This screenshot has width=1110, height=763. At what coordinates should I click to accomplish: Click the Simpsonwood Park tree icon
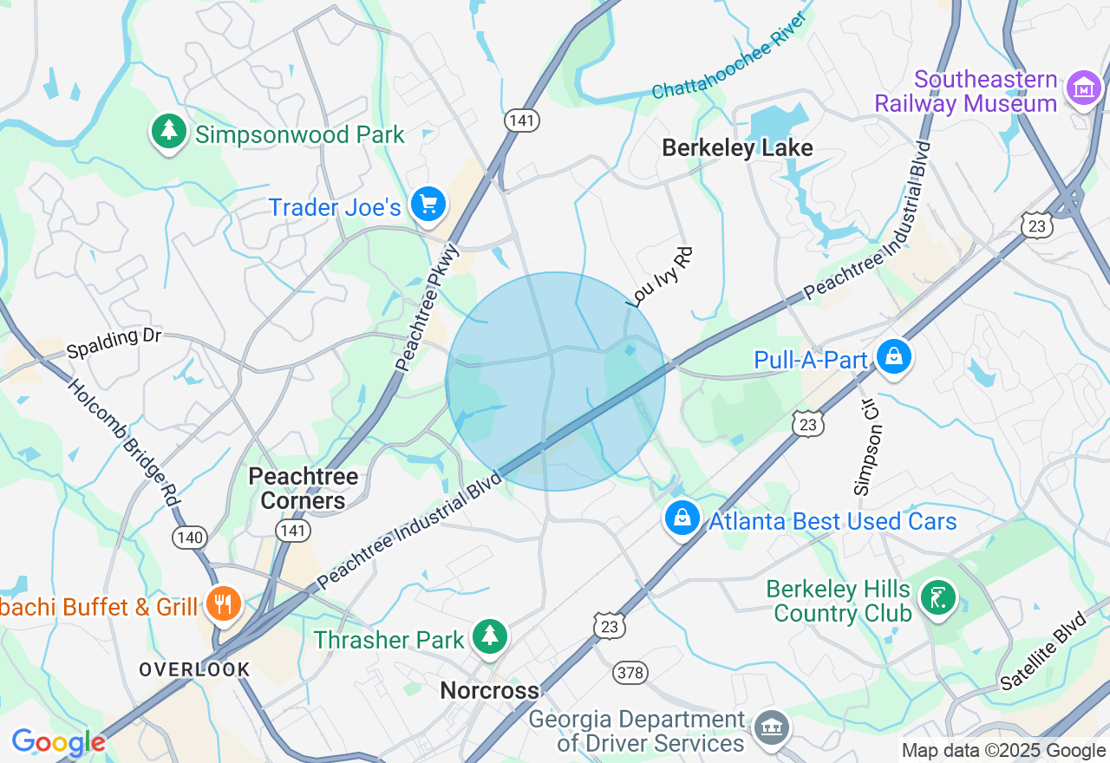click(169, 132)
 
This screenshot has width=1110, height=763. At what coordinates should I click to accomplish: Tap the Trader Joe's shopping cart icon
click(428, 205)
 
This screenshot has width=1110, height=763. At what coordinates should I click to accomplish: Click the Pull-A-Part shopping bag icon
click(892, 355)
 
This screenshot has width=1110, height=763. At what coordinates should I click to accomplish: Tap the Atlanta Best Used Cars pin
click(682, 518)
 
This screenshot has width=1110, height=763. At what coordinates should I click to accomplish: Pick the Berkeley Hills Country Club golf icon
click(937, 598)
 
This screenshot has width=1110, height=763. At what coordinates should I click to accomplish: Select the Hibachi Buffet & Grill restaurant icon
click(224, 603)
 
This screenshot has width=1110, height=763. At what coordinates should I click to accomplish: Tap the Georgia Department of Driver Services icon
click(770, 726)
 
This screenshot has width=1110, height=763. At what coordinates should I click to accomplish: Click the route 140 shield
click(189, 538)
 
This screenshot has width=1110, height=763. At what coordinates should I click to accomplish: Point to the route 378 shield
click(629, 672)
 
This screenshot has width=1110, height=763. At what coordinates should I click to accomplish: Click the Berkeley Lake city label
click(737, 148)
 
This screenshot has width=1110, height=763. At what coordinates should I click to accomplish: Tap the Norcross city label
click(489, 690)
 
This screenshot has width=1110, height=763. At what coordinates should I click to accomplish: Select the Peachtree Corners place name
click(303, 488)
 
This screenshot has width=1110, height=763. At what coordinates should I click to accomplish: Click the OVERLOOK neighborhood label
click(194, 669)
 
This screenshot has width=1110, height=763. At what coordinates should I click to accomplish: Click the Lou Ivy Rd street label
click(661, 277)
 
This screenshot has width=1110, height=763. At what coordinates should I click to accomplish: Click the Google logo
click(59, 742)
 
